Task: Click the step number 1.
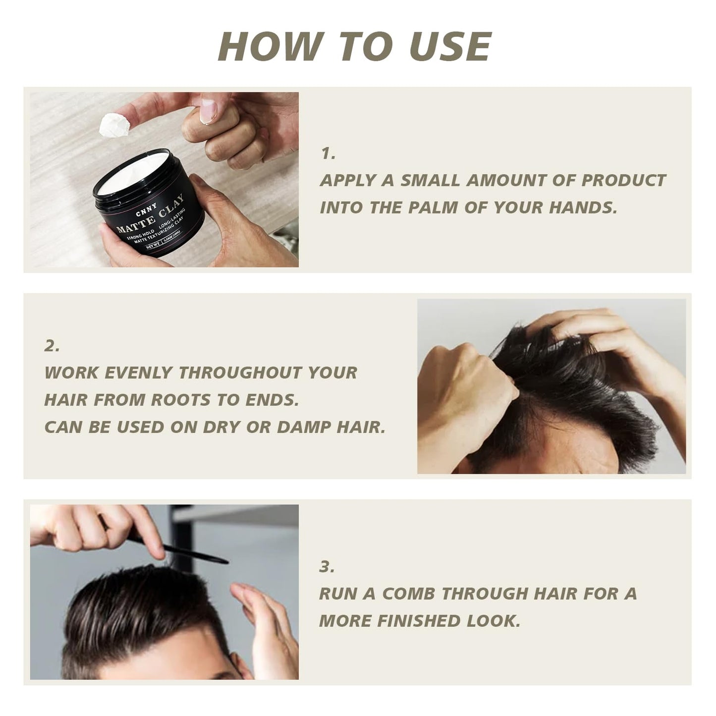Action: pos(327,154)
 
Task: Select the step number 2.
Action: pos(52,346)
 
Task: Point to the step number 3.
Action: pos(327,566)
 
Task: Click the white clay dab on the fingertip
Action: pos(113,125)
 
